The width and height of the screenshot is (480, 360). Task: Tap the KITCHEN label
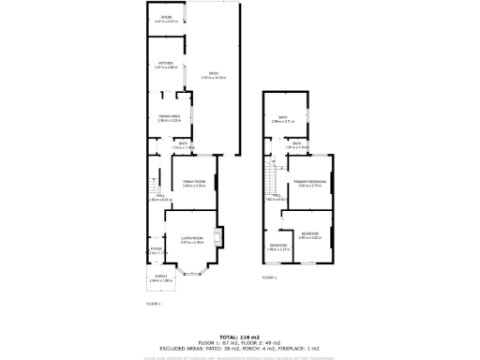tap(166, 65)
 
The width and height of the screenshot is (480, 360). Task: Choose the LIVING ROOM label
tap(191, 240)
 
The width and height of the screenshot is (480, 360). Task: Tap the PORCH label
tap(161, 277)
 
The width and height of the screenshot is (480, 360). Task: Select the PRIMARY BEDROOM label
tap(309, 184)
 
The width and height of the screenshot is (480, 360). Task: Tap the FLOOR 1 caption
tap(154, 304)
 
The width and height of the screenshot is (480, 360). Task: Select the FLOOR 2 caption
tap(269, 277)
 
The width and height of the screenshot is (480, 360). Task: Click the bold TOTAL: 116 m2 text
tap(240, 337)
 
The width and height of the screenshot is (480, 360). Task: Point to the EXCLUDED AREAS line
tap(240, 348)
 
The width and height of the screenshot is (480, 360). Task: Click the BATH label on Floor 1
tap(183, 145)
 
